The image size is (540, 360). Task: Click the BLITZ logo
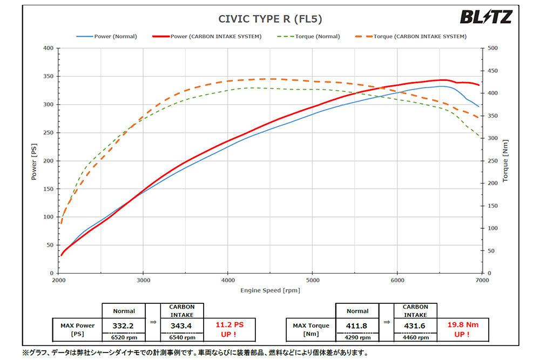point(485,17)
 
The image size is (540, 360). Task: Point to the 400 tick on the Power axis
point(49,48)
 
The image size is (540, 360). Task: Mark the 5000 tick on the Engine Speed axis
point(312,281)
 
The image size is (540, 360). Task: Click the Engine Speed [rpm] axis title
point(270,290)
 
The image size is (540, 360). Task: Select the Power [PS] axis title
point(34,160)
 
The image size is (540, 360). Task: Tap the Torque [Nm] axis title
point(505,160)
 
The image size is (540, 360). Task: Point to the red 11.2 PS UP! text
point(230,329)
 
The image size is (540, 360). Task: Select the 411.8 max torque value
point(357,326)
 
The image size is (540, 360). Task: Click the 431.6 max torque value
point(415,326)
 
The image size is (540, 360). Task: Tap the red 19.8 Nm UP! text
point(463,329)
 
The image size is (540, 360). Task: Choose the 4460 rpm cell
point(415,338)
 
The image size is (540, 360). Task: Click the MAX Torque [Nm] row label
point(310,329)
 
